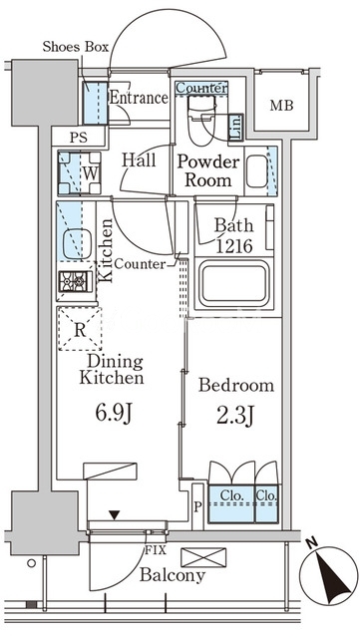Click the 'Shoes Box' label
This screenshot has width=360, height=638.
76,47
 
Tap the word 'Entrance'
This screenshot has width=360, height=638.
139,98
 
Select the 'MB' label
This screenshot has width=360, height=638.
282,106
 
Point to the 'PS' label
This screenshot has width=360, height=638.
78,138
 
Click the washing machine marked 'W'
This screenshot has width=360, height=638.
80,172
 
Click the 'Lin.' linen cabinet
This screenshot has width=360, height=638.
235,127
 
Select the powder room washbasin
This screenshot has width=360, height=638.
257,171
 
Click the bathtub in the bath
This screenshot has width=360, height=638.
233,283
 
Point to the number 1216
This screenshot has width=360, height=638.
234,246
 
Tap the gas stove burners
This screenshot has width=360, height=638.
76,281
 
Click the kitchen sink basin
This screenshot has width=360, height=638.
77,243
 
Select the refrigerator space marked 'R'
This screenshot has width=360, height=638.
80,329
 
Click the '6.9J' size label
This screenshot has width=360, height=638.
114,413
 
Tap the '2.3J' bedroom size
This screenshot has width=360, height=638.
234,416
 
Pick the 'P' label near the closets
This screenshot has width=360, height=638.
197,507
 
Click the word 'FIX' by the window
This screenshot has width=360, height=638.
156,551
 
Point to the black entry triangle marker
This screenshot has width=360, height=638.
115,515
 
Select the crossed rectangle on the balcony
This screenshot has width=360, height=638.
203,557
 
